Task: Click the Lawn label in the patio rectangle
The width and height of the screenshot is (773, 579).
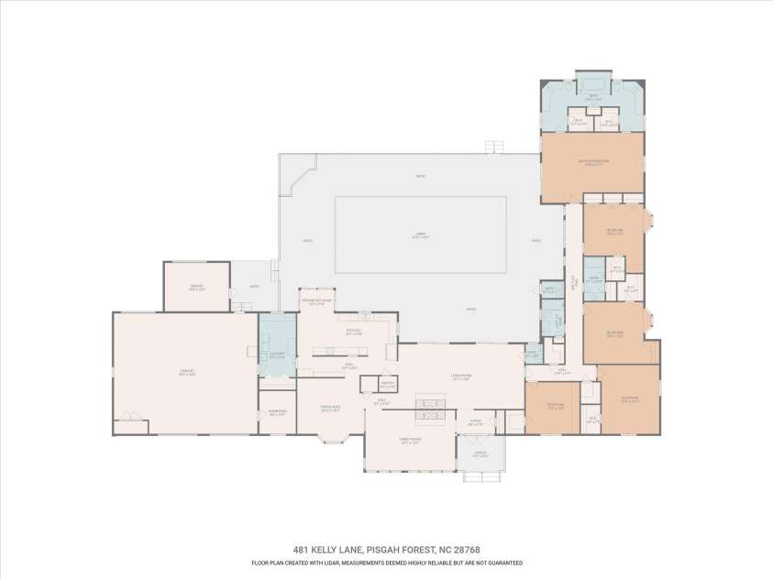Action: pos(421,235)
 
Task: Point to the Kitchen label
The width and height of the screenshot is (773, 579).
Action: pos(354,333)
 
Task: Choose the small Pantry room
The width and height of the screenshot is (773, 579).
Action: pos(387,384)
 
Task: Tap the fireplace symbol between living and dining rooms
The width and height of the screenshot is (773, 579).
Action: pos(430,409)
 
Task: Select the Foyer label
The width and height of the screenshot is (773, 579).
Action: pos(475,423)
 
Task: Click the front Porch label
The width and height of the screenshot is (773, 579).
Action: pos(480,454)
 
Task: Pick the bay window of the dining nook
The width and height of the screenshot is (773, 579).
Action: pos(330,440)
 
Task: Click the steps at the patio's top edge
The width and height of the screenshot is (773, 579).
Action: pos(495,147)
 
